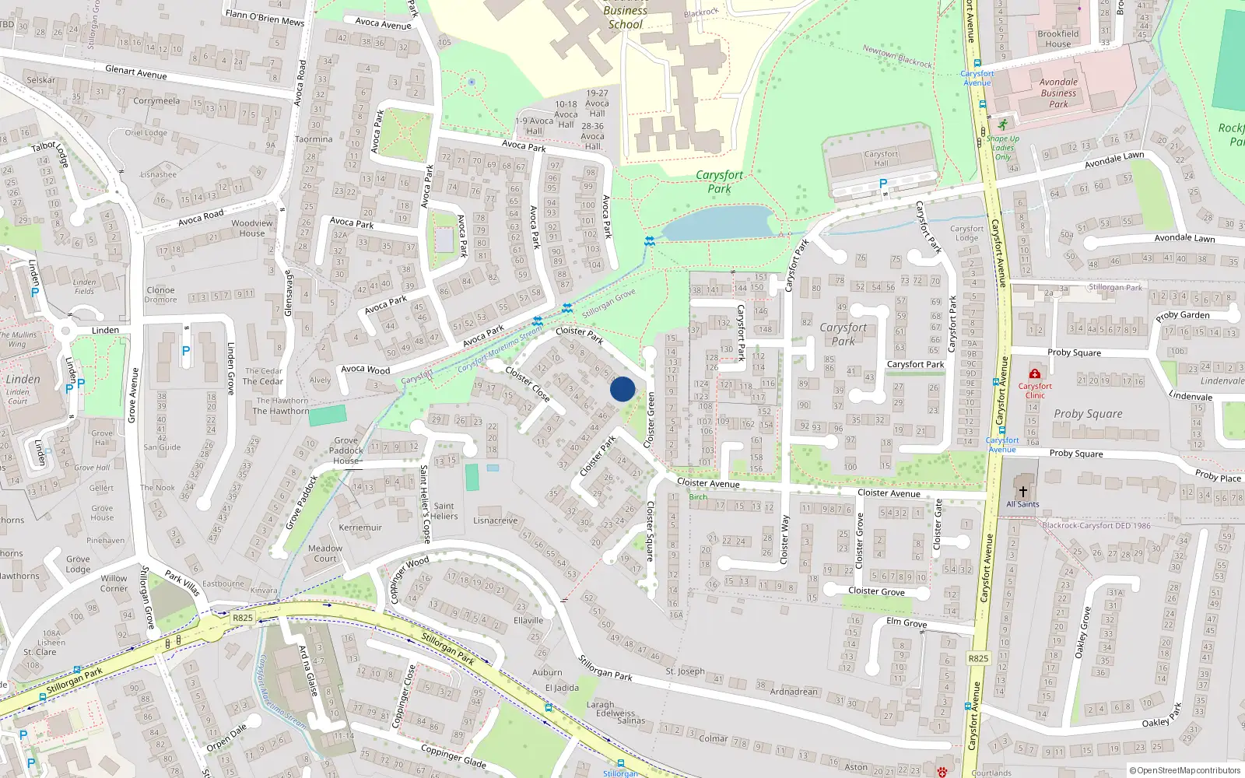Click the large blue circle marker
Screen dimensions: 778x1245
tap(622, 388)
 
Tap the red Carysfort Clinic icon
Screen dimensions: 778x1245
tap(1034, 374)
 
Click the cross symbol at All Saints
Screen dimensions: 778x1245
tap(1022, 492)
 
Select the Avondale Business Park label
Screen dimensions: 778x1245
tap(1058, 93)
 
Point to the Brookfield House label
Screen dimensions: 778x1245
tap(1057, 39)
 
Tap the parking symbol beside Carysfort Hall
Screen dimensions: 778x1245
tap(882, 184)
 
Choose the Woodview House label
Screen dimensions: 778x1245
tap(252, 228)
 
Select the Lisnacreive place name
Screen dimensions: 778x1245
tap(495, 520)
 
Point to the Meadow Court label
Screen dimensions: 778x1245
tap(325, 553)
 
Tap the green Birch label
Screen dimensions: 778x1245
tap(698, 497)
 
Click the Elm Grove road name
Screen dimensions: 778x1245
tap(907, 622)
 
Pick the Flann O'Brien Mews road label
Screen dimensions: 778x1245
tap(265, 17)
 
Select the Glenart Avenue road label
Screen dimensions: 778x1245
tap(136, 72)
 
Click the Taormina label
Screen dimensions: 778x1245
tap(314, 139)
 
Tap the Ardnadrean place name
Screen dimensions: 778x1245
tap(794, 692)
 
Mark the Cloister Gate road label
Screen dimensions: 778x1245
tap(938, 524)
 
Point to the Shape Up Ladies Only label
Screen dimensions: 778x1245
tap(1002, 148)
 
